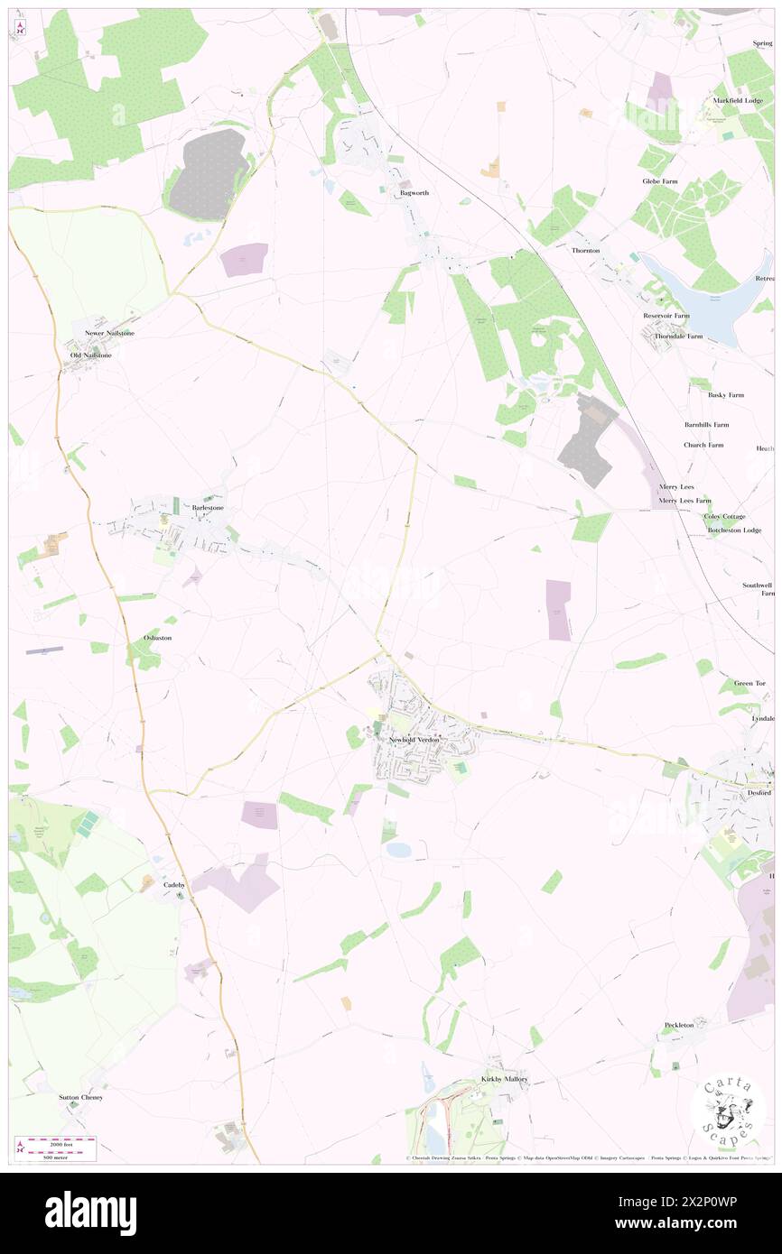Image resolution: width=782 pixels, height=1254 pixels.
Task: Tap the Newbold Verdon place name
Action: [x=414, y=740]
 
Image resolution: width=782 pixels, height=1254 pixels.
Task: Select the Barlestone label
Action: [x=208, y=508]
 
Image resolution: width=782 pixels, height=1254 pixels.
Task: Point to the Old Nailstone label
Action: [x=91, y=355]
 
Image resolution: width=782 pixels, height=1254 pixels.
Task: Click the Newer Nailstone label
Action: [x=108, y=333]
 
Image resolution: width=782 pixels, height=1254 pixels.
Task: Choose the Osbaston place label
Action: [x=157, y=638]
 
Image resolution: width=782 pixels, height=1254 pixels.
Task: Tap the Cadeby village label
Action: [x=174, y=885]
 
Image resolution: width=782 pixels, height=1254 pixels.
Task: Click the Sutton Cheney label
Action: [x=81, y=1097]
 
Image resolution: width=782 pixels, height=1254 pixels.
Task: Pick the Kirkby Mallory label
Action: [x=504, y=1079]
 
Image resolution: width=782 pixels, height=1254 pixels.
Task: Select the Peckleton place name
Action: [x=679, y=1025]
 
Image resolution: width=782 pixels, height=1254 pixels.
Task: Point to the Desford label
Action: [x=759, y=793]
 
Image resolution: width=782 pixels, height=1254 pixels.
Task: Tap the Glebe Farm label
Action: [x=659, y=181]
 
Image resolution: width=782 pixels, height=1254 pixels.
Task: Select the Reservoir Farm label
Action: [x=666, y=316]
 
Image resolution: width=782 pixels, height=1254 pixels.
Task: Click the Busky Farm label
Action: [x=726, y=395]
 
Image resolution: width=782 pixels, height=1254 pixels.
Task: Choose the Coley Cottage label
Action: [x=724, y=516]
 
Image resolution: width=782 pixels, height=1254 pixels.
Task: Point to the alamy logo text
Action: [x=90, y=1213]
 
